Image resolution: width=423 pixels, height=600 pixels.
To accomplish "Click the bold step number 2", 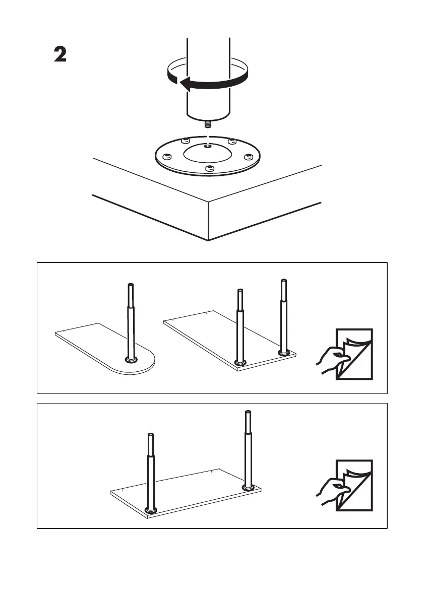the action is tap(61, 55).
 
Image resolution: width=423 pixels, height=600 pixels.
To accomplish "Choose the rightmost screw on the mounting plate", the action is tap(248, 157).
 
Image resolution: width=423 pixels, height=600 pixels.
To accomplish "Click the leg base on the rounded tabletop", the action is tap(131, 360).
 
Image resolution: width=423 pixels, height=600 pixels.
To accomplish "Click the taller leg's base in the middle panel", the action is tap(284, 353).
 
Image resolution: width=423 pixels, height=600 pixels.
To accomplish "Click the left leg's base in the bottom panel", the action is tap(151, 510).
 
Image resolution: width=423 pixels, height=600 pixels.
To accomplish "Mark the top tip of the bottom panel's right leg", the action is tap(248, 413).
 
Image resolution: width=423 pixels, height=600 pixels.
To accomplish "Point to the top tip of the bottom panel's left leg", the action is tap(150, 435).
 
